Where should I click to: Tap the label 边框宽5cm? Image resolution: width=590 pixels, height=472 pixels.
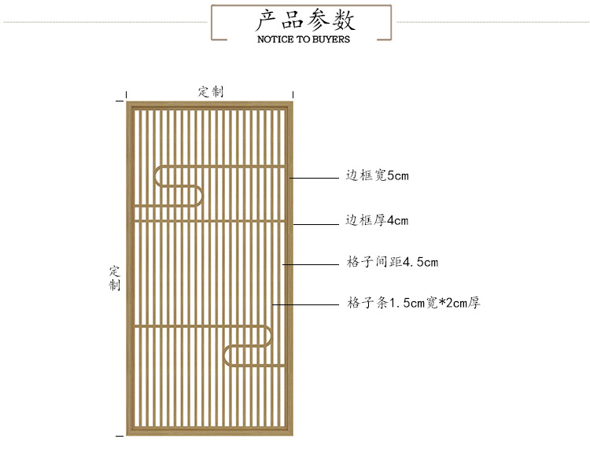click(378, 176)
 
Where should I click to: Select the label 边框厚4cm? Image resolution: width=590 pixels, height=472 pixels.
click(378, 220)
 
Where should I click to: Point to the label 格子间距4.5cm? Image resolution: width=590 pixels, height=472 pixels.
click(393, 262)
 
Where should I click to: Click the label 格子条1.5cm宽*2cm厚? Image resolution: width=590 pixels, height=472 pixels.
click(413, 302)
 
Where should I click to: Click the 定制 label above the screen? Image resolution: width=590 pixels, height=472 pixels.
click(211, 92)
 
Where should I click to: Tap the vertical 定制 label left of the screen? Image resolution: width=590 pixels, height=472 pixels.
click(115, 278)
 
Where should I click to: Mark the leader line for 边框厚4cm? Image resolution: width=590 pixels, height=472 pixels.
click(315, 225)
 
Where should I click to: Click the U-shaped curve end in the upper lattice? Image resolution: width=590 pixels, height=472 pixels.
click(201, 196)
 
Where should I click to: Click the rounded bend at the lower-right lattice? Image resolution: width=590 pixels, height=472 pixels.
click(228, 356)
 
